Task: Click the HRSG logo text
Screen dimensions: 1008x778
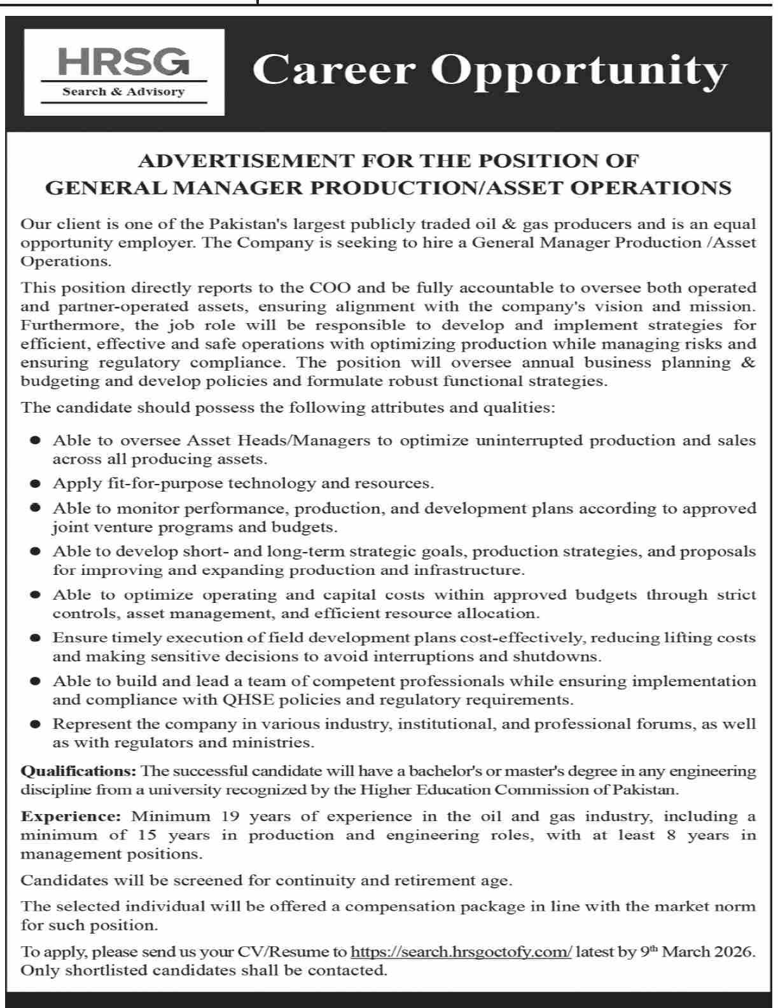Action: click(x=123, y=64)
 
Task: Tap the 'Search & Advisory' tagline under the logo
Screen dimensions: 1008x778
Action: click(x=123, y=92)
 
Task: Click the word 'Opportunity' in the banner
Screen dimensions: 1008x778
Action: click(x=578, y=71)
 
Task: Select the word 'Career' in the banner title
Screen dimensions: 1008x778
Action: click(x=333, y=70)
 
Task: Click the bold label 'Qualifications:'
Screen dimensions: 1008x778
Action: click(x=79, y=771)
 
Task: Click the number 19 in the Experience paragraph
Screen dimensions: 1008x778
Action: click(x=230, y=817)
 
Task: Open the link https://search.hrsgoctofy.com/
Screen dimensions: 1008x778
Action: click(x=461, y=952)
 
